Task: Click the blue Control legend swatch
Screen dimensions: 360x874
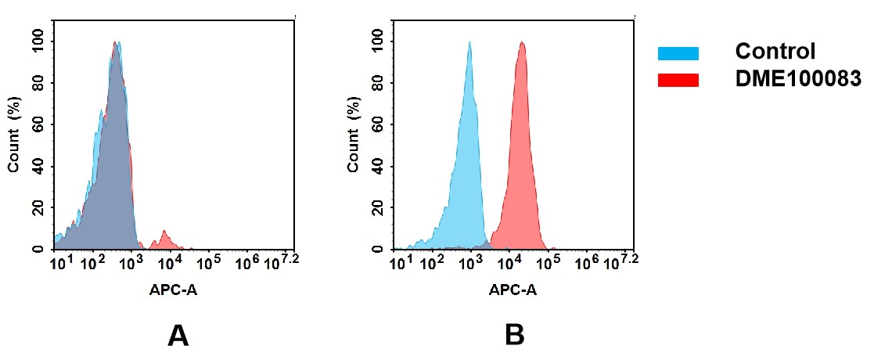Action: pyautogui.click(x=678, y=53)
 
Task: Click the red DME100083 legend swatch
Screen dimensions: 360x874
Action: pyautogui.click(x=678, y=80)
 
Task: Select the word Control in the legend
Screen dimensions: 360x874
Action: pyautogui.click(x=775, y=52)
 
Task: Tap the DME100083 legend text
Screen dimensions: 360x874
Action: pyautogui.click(x=797, y=78)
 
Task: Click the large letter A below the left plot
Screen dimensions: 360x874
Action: pyautogui.click(x=178, y=336)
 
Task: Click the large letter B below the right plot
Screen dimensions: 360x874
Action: pyautogui.click(x=514, y=336)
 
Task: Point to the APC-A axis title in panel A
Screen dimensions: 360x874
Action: pyautogui.click(x=174, y=290)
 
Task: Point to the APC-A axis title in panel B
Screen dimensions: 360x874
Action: pyautogui.click(x=513, y=290)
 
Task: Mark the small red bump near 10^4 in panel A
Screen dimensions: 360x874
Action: pyautogui.click(x=165, y=238)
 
